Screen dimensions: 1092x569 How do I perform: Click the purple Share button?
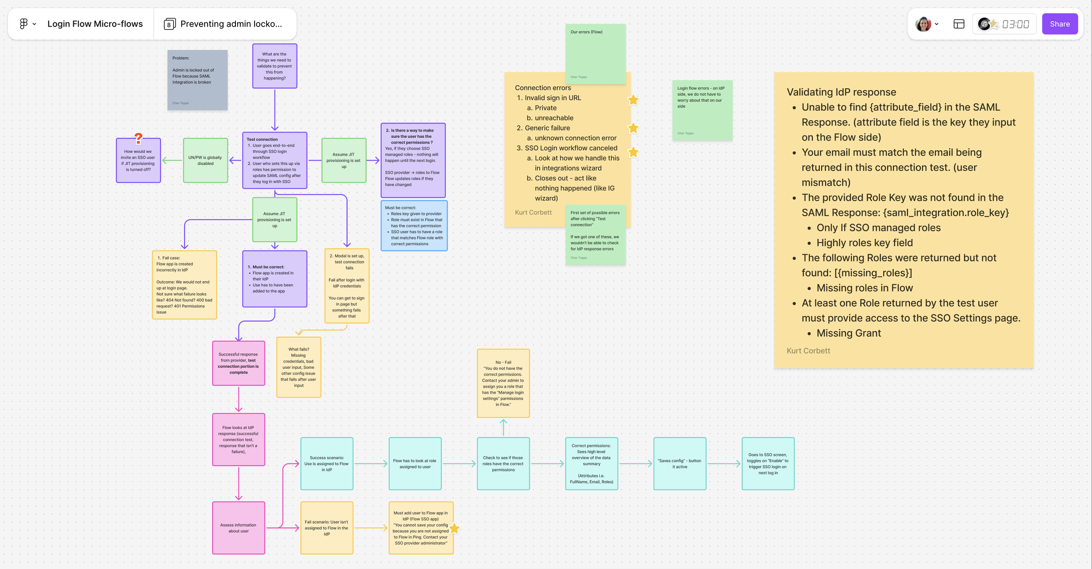(x=1059, y=24)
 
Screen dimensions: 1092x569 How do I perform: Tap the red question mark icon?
(x=138, y=139)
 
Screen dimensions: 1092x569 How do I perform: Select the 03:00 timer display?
(x=1015, y=24)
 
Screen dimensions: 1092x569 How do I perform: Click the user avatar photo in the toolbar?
(x=923, y=24)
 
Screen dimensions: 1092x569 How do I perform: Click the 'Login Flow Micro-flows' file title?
(x=95, y=24)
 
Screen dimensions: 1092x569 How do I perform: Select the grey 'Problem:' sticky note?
(x=197, y=80)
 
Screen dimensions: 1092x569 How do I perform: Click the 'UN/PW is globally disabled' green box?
(x=205, y=161)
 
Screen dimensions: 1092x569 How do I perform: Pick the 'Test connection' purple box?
(x=275, y=161)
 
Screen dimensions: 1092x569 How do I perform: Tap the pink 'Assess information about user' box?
(x=238, y=528)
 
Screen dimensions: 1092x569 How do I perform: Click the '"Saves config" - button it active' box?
(x=680, y=464)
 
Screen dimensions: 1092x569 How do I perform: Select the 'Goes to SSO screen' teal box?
(x=768, y=464)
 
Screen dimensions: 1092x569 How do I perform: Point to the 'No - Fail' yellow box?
(x=503, y=383)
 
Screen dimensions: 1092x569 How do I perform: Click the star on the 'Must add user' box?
(x=455, y=528)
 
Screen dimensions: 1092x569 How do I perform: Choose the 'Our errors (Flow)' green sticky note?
(x=595, y=53)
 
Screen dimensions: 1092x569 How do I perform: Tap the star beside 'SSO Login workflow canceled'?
(x=633, y=152)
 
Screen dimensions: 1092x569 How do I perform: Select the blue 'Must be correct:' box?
(x=414, y=226)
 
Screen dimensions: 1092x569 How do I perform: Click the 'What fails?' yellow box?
(x=299, y=367)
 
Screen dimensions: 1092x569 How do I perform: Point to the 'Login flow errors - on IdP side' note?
(x=702, y=110)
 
